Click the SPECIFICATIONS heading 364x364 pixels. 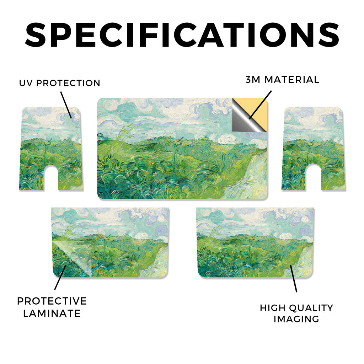tap(182, 35)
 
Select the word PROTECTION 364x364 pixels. tap(68, 83)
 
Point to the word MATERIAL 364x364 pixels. tap(292, 80)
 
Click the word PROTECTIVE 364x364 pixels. tap(52, 301)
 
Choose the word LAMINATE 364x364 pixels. tap(52, 314)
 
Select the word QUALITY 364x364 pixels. tap(311, 308)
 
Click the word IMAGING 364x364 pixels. tap(296, 319)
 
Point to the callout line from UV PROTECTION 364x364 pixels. tap(66, 105)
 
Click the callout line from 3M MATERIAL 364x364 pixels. tap(260, 105)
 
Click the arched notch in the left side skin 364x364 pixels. tap(51, 178)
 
